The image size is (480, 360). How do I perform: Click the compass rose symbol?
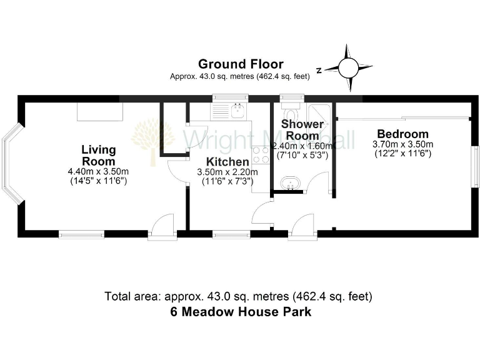point(348,67)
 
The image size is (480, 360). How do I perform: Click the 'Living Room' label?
point(99,155)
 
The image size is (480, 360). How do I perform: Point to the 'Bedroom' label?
point(402,134)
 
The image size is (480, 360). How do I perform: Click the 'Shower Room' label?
point(302,129)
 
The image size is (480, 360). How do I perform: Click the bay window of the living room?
point(11,164)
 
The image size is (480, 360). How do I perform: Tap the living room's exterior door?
point(162,226)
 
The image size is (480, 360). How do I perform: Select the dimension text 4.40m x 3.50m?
point(99,172)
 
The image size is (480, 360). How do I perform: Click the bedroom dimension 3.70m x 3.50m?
point(402,144)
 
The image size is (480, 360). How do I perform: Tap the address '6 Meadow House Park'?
point(241,312)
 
